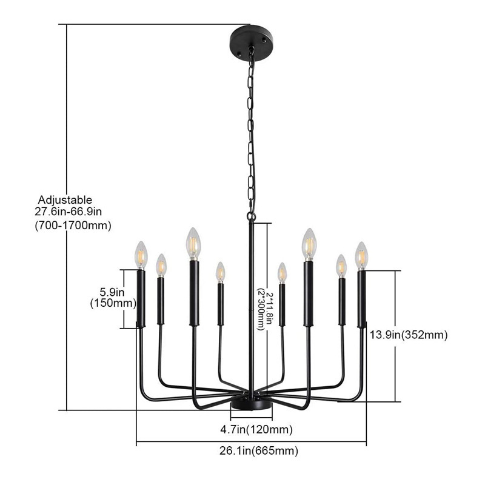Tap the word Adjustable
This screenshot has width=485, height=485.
(x=65, y=199)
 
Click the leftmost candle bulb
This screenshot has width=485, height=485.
(x=141, y=255)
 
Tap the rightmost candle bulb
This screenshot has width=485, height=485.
(x=362, y=255)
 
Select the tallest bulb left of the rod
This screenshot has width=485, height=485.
(x=193, y=243)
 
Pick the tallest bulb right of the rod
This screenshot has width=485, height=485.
(x=309, y=243)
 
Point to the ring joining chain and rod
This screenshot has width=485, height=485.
(x=251, y=215)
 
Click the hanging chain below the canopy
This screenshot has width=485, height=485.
(x=251, y=133)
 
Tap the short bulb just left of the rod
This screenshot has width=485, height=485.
(x=220, y=273)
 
